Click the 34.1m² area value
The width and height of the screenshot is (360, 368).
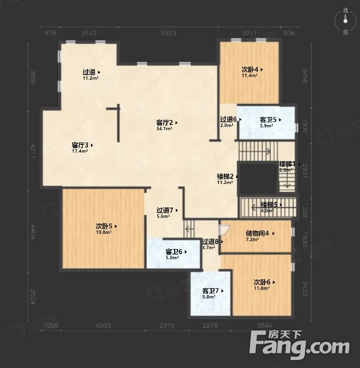point(164,128)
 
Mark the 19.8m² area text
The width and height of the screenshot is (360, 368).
point(103,232)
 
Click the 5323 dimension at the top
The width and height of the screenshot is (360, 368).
point(168,33)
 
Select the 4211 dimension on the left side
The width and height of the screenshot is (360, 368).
point(33,150)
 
